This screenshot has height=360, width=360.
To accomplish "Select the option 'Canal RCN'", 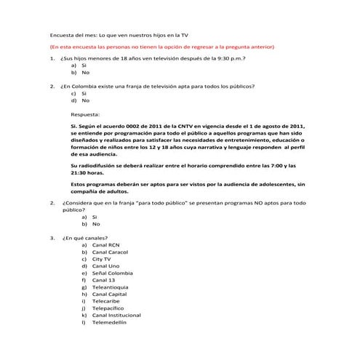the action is [x=105, y=246].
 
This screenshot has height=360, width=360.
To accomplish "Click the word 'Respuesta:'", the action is [x=86, y=114].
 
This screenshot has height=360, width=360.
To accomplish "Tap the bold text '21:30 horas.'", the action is [x=87, y=173].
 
